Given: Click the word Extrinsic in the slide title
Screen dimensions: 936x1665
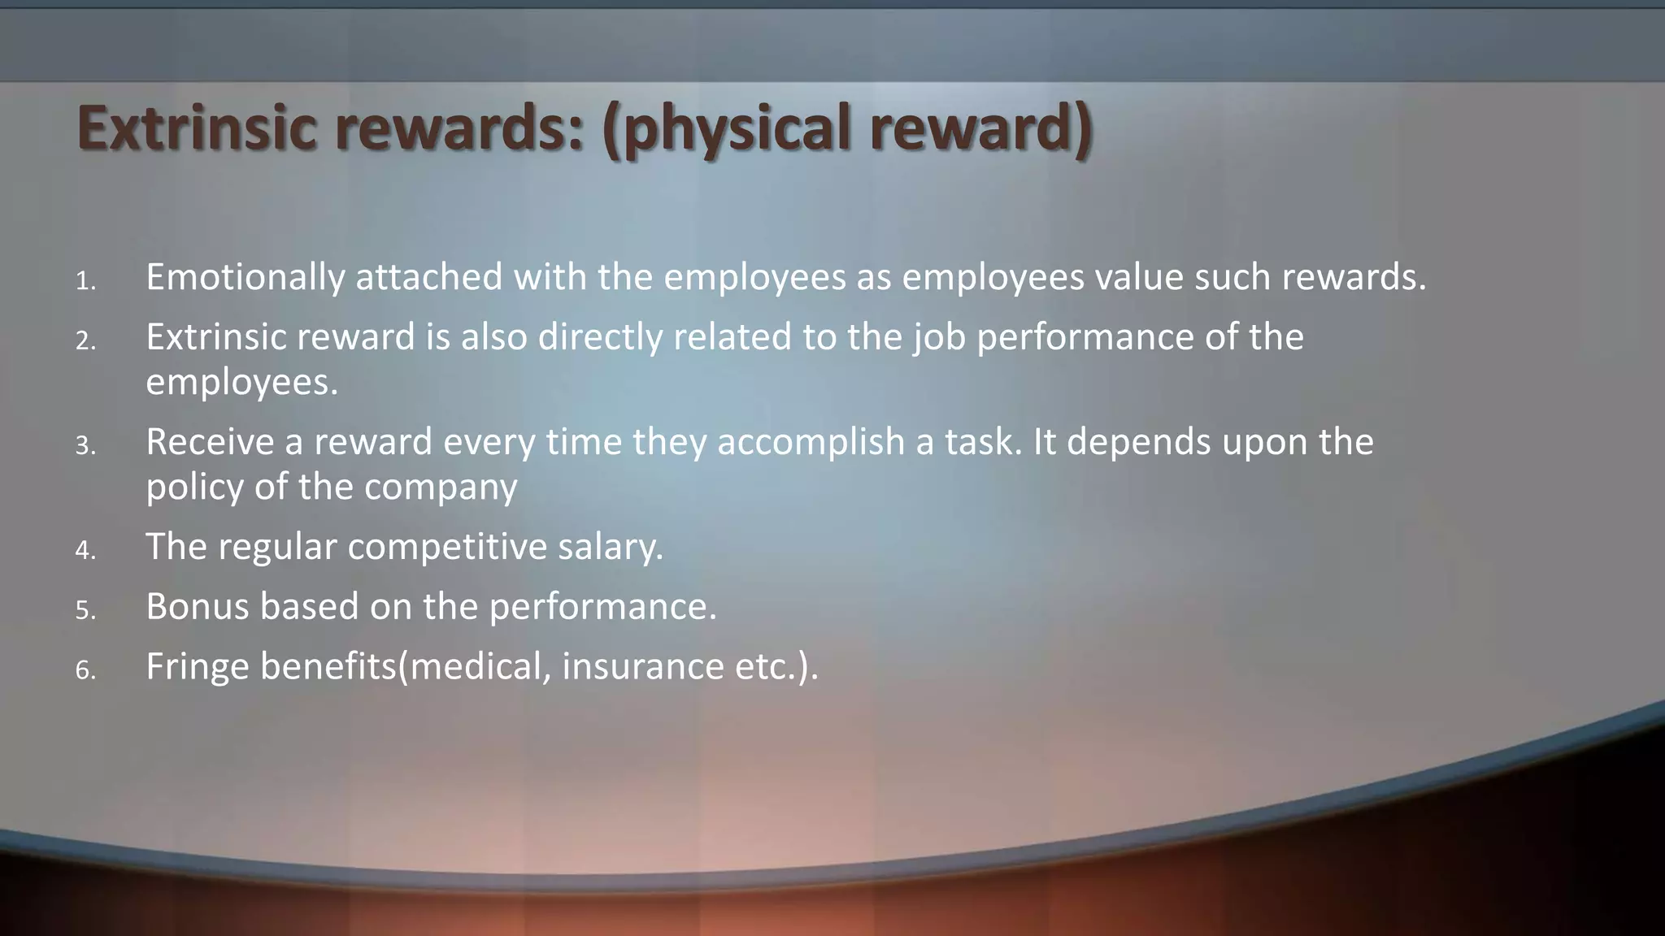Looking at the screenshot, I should [196, 128].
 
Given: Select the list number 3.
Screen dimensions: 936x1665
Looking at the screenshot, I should [85, 446].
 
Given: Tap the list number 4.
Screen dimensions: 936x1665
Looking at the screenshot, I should [85, 551].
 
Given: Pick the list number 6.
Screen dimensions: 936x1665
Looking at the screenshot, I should [85, 671].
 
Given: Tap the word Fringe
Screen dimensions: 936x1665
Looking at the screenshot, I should [197, 667].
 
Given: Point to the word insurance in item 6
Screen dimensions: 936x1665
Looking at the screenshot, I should [642, 667].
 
